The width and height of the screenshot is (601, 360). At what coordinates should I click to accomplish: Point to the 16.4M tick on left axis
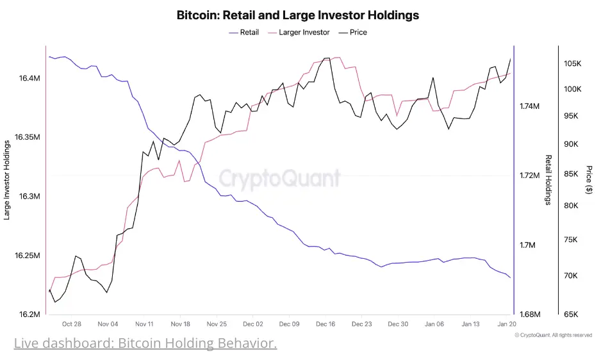click(x=30, y=78)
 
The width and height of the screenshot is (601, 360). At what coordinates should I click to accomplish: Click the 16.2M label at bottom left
click(x=30, y=315)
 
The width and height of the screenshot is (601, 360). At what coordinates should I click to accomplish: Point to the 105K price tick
click(x=572, y=64)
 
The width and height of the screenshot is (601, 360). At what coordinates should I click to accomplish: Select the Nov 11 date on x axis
click(x=144, y=325)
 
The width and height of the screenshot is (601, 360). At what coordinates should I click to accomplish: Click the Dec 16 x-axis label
click(x=325, y=325)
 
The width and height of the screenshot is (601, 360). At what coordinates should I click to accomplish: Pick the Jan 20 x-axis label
click(x=507, y=325)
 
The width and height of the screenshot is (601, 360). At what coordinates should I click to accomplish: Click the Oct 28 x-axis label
click(x=72, y=325)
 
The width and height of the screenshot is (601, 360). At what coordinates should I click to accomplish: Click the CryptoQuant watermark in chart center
click(x=280, y=177)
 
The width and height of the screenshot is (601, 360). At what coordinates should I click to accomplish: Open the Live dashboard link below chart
click(x=145, y=344)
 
